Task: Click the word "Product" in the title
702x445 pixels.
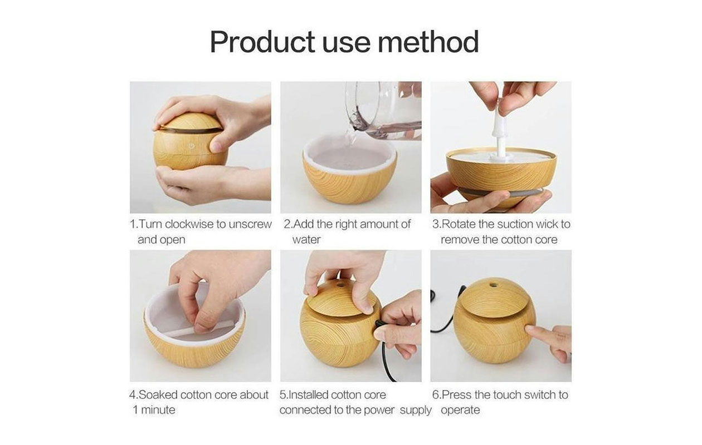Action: click(262, 42)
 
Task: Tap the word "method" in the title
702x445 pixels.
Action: click(428, 42)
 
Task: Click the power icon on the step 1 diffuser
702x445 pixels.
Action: click(191, 146)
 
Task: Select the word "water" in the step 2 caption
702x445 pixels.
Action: click(306, 240)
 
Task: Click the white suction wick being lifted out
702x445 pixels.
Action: click(499, 131)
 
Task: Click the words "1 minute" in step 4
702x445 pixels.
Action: click(154, 410)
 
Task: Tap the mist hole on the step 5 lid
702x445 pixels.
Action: click(339, 285)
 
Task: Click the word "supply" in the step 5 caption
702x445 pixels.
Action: click(416, 411)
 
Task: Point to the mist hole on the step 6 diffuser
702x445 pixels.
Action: click(493, 285)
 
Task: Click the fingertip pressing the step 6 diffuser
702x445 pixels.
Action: click(530, 329)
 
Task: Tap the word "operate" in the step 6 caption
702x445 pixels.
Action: click(460, 411)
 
